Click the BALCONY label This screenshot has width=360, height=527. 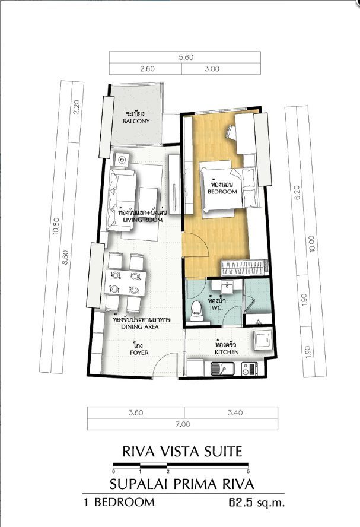coord(136,121)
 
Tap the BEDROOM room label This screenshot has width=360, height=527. coord(222,192)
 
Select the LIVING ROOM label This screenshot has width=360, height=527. coord(143,220)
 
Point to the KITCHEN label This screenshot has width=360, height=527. coord(227,352)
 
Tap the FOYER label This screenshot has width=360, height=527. coord(139,353)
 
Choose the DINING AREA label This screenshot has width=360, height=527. coord(140,326)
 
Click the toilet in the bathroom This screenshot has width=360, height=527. coord(196,310)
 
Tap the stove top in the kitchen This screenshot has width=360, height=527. coord(250,369)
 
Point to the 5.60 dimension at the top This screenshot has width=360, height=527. coord(186,57)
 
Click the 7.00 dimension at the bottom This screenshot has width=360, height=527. coord(183,424)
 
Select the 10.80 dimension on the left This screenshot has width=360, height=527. coord(56,226)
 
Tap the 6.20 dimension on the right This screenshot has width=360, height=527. coord(297,193)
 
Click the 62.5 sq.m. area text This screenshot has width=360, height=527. coord(257,503)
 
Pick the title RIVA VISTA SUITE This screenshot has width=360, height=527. coord(182,452)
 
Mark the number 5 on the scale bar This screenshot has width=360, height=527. coord(248,472)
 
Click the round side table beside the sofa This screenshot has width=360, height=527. coord(122,160)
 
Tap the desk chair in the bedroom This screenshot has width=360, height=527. coord(232,132)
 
